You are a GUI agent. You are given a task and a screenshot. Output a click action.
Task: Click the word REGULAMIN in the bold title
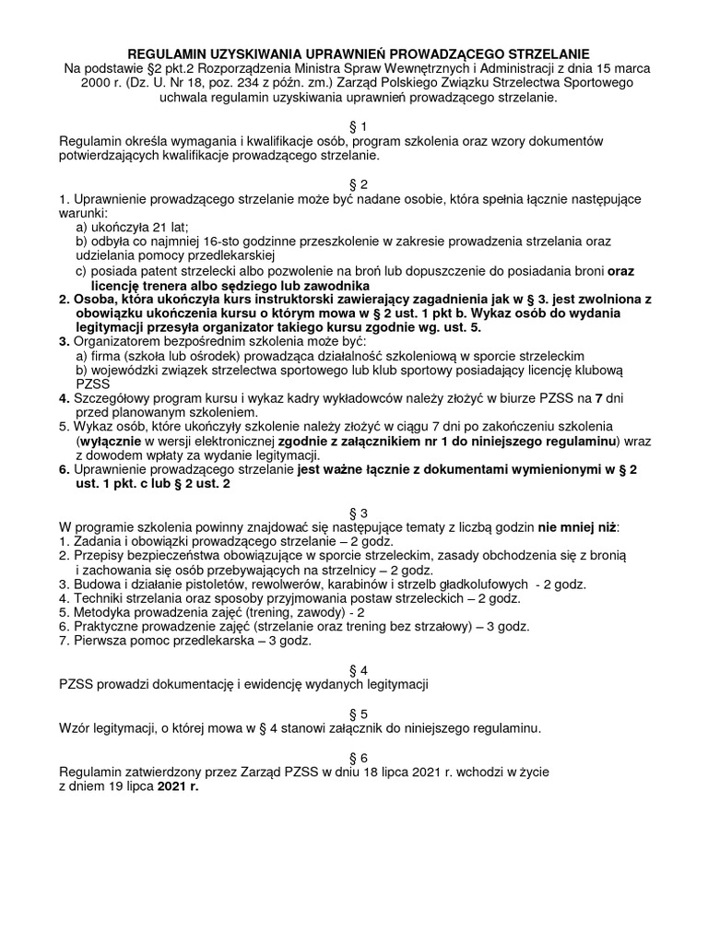point(165,54)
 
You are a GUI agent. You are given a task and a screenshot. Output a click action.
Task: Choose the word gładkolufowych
point(488,584)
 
